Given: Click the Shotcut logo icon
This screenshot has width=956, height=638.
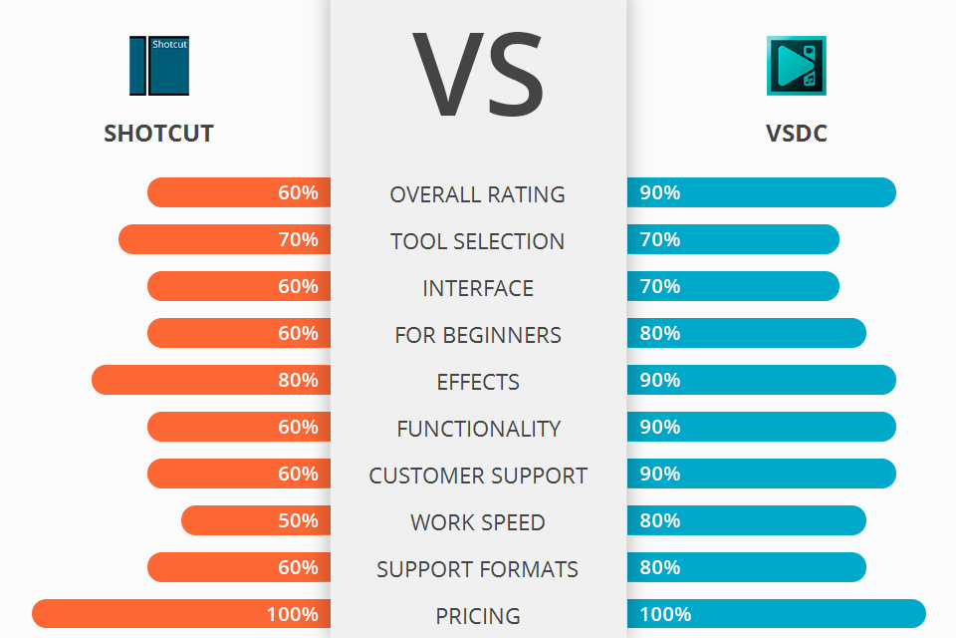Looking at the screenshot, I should tap(158, 66).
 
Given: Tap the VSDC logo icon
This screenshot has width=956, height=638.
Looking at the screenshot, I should tap(796, 66).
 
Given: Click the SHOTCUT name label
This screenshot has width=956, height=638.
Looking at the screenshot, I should tap(158, 134).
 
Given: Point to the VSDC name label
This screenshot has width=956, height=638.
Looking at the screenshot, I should tap(797, 134).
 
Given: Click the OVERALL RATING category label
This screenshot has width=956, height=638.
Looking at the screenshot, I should tap(478, 194).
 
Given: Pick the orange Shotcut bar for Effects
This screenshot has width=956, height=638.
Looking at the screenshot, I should tap(211, 380).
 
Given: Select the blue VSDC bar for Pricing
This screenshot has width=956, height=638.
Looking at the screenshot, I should tap(777, 614).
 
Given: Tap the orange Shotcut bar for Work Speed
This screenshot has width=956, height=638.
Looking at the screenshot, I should tap(256, 520).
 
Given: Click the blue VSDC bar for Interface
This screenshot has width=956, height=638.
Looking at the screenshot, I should tap(733, 286).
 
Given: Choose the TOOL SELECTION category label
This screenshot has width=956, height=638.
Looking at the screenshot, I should tap(478, 241).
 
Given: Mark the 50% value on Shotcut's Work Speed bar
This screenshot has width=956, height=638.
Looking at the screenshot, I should tap(298, 520).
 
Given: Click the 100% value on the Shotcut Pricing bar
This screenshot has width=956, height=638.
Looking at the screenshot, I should tap(293, 614).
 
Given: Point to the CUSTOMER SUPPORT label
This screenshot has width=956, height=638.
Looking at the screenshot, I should tap(478, 476).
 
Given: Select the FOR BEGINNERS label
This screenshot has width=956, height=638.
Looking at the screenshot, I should tap(478, 335).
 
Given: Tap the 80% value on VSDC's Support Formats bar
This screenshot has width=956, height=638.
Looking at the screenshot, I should tap(660, 567).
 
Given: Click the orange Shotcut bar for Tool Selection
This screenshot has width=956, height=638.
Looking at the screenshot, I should tap(224, 239).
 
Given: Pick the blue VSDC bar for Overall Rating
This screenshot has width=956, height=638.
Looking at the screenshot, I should tap(762, 192).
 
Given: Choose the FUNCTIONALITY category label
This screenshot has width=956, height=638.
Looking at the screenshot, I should tap(478, 429).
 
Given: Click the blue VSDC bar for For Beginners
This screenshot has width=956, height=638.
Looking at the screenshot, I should tap(747, 333).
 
